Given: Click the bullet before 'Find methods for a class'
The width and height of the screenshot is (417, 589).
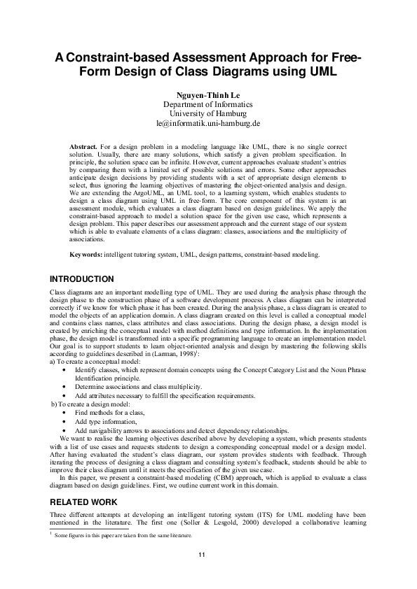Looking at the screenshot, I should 65,394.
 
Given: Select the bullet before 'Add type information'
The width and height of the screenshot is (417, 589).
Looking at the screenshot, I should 65,403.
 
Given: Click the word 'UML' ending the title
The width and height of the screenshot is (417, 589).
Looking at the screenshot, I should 322,72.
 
